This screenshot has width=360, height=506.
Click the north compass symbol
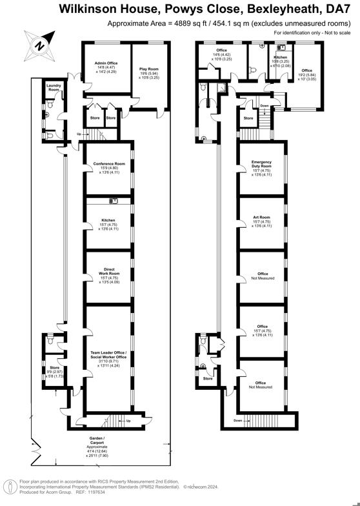[38, 46]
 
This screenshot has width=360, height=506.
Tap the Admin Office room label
[100, 63]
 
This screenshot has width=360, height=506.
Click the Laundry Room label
[54, 88]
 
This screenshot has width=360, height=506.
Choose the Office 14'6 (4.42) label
[221, 50]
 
